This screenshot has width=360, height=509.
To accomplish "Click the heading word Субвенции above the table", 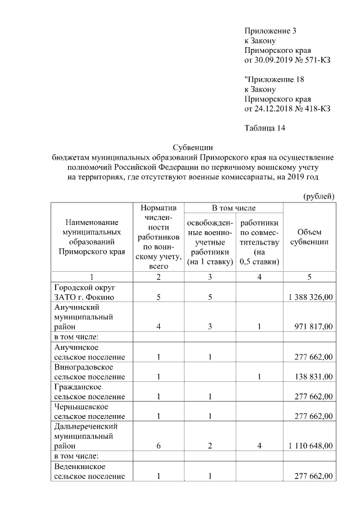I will pyautogui.click(x=192, y=147).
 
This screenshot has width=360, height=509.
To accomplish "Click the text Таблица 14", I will pyautogui.click(x=265, y=128).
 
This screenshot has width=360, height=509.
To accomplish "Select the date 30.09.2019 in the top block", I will pyautogui.click(x=273, y=60).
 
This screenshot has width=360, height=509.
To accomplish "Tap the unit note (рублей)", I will pyautogui.click(x=319, y=196).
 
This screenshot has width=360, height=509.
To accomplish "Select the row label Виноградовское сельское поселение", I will pyautogui.click(x=89, y=372).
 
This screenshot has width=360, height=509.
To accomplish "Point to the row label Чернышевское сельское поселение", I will pyautogui.click(x=89, y=411).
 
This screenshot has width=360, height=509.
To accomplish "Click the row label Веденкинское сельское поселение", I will pyautogui.click(x=89, y=471).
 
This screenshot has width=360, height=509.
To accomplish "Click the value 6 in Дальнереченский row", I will pyautogui.click(x=159, y=446).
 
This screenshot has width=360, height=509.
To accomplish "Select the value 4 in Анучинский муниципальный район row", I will pyautogui.click(x=159, y=327).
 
